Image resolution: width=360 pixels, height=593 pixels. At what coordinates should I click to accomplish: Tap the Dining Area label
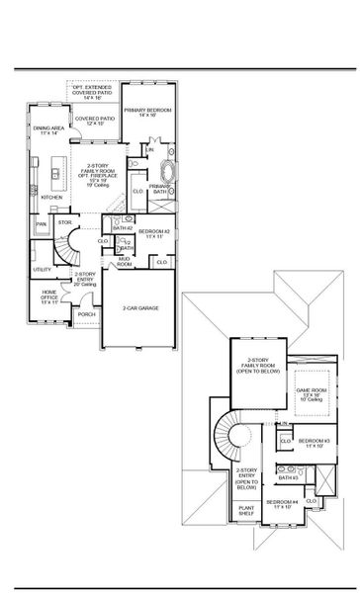tap(49, 130)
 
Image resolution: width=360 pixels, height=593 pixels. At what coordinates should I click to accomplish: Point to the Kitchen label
tap(51, 197)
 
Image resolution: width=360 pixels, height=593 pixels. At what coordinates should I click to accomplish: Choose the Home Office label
tap(48, 296)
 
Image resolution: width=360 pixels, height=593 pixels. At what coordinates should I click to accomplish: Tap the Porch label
tap(85, 315)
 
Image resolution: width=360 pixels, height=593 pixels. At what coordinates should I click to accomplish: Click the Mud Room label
tap(125, 262)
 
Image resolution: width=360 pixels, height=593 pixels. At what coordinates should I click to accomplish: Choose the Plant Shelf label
tap(247, 513)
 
